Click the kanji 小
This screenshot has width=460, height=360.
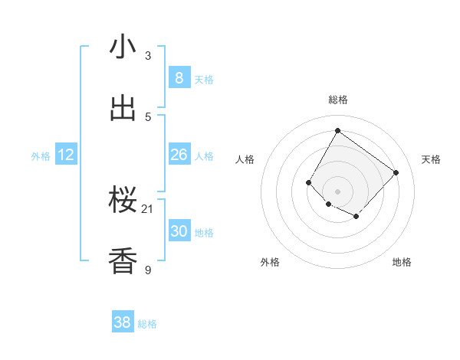(123, 47)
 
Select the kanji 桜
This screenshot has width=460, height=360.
(123, 201)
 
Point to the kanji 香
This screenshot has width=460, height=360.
(123, 261)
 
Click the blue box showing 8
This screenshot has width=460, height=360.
(179, 77)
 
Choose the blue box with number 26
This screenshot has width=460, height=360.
(179, 155)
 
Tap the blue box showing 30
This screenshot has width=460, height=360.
(179, 231)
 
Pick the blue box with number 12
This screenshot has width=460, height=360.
(66, 155)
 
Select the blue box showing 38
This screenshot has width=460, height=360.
(123, 322)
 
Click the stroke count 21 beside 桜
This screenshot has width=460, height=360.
(148, 208)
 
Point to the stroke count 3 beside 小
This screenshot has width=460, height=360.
(148, 55)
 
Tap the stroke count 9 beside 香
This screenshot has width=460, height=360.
(148, 270)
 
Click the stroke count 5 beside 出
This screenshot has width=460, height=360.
(148, 116)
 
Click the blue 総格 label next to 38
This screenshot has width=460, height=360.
(147, 324)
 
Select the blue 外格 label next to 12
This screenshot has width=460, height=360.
(41, 156)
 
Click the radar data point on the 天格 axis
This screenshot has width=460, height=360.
(396, 172)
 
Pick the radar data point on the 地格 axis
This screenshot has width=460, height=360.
(356, 217)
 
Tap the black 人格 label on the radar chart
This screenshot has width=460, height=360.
(245, 159)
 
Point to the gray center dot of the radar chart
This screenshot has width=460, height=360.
(337, 191)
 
